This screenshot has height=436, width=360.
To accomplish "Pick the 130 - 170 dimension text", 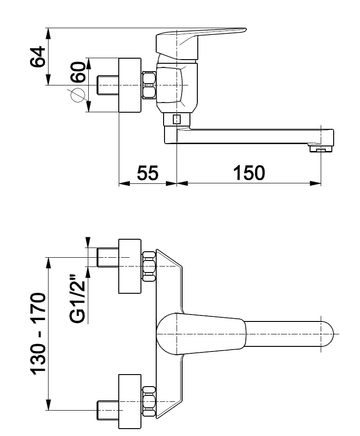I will (x=39, y=333).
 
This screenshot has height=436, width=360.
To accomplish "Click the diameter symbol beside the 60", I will (x=77, y=95).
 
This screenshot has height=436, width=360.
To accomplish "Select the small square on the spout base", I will (x=176, y=120).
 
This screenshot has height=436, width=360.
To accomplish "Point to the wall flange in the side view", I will (x=130, y=85).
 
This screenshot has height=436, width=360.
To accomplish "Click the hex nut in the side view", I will (x=149, y=85).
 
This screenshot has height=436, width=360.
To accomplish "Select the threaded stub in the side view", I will (x=109, y=85).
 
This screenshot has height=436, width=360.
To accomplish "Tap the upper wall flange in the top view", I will (x=130, y=266).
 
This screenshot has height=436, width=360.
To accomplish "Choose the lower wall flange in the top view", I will (x=130, y=402).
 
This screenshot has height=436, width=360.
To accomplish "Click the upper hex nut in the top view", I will (x=149, y=266).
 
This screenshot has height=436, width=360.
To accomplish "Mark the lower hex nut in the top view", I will (x=149, y=402).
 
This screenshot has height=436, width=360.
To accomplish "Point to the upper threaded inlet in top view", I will (x=109, y=257).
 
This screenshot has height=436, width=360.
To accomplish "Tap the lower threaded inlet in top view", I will (x=109, y=410).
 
